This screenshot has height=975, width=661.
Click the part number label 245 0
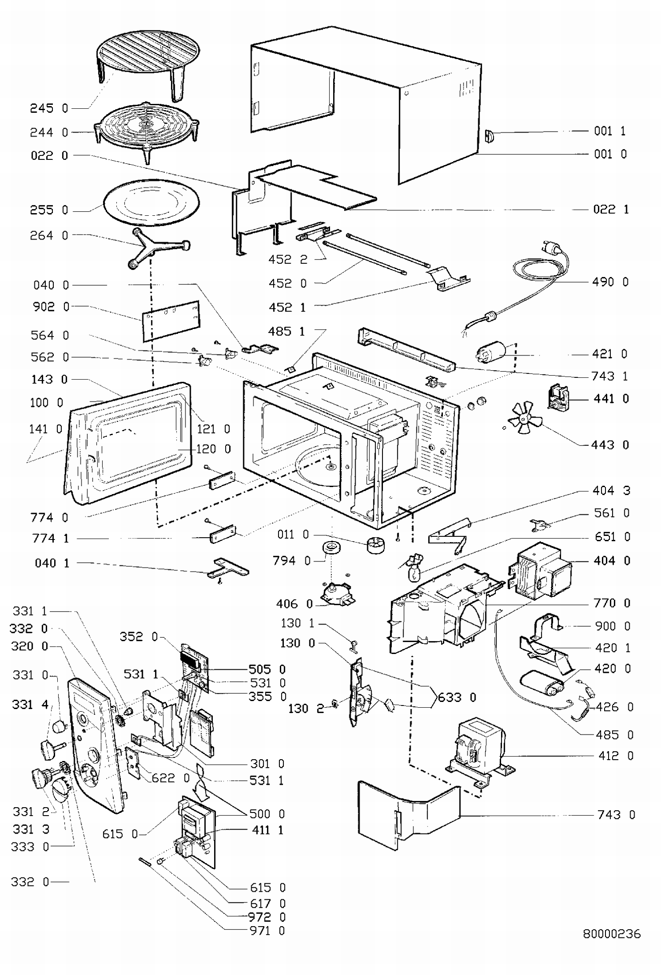pyautogui.click(x=49, y=108)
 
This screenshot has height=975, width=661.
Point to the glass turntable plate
pyautogui.click(x=151, y=203)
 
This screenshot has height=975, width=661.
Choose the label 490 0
pyautogui.click(x=610, y=282)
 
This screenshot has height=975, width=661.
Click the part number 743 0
pyautogui.click(x=616, y=815)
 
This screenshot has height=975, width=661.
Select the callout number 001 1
pyautogui.click(x=610, y=131)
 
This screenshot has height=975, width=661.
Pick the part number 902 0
pyautogui.click(x=51, y=307)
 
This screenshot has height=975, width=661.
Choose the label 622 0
pyautogui.click(x=171, y=778)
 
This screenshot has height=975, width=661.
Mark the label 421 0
pyautogui.click(x=609, y=354)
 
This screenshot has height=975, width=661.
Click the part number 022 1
pyautogui.click(x=611, y=209)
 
